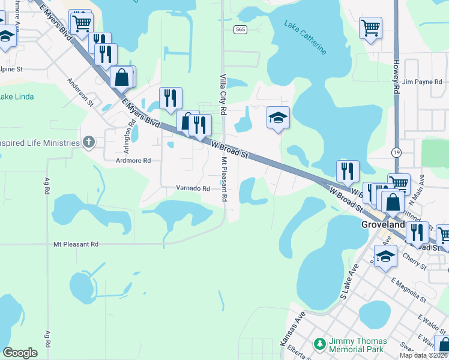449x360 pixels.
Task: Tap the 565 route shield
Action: click(240, 29)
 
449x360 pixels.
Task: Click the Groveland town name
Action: click(383, 224)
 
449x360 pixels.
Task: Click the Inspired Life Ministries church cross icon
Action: click(89, 142)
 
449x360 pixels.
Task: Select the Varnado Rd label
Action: click(193, 188)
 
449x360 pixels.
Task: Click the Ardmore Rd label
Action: click(133, 161)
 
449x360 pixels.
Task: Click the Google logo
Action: click(20, 353)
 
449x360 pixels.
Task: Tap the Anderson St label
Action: click(81, 92)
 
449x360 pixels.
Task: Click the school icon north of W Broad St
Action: click(279, 118)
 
